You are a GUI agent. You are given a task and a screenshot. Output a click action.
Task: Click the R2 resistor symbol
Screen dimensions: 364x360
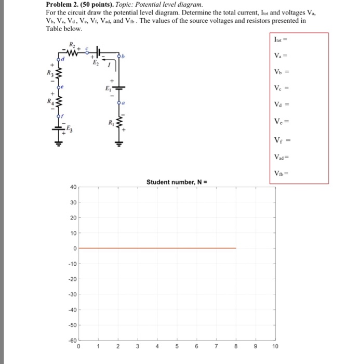coord(73,52)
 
